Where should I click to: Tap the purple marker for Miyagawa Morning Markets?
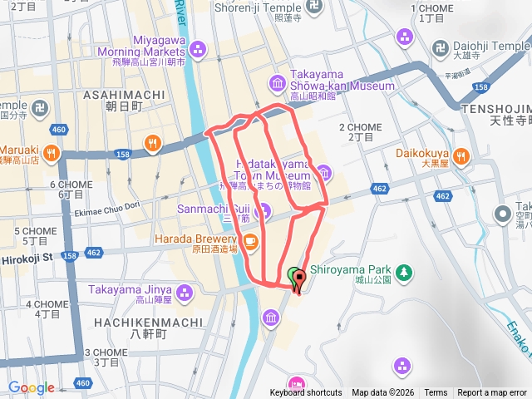pos(198,50)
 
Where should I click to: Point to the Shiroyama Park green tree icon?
pos(404,272)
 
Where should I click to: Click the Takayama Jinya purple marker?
pos(184,291)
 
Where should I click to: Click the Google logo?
pos(32,387)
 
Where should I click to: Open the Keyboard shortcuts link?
pos(305,392)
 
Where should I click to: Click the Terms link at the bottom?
pos(435,392)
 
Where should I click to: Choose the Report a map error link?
pos(491,392)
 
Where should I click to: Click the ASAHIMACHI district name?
pos(125,96)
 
